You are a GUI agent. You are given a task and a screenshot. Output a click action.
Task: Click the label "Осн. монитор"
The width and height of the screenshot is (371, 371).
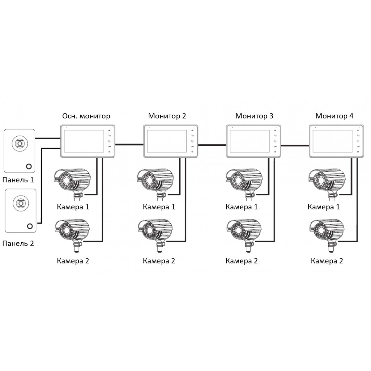[86, 116]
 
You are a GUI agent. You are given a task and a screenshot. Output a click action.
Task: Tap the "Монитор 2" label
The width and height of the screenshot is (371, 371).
[167, 116]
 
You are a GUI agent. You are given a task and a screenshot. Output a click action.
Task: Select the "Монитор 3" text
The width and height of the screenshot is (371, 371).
[254, 116]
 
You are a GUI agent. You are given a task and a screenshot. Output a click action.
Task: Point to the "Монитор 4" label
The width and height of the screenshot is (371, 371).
[334, 116]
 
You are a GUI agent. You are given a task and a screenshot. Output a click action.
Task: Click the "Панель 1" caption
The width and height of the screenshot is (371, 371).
[18, 180]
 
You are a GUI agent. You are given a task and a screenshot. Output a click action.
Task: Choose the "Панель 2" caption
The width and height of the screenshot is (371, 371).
[18, 243]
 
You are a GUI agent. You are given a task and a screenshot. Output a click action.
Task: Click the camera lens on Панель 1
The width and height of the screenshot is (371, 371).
[20, 143]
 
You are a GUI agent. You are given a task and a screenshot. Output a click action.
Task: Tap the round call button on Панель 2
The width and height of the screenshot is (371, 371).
[30, 226]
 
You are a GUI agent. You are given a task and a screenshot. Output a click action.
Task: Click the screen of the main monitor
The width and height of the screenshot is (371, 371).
[84, 141]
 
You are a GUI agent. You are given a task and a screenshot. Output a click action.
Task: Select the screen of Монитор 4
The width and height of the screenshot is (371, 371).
[332, 141]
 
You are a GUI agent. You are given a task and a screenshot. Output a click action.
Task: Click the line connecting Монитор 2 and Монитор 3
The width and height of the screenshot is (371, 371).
[212, 145]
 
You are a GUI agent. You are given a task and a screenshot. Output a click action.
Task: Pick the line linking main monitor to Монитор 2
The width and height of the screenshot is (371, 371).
[129, 144]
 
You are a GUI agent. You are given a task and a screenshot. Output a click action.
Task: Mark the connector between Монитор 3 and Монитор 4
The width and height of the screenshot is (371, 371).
[295, 145]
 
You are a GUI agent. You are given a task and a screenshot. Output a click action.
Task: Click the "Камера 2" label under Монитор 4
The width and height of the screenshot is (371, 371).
[327, 261]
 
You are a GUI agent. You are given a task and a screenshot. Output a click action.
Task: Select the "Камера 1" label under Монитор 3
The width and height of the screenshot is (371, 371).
[242, 207]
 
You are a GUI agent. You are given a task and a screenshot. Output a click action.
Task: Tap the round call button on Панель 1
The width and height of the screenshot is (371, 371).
[29, 166]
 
